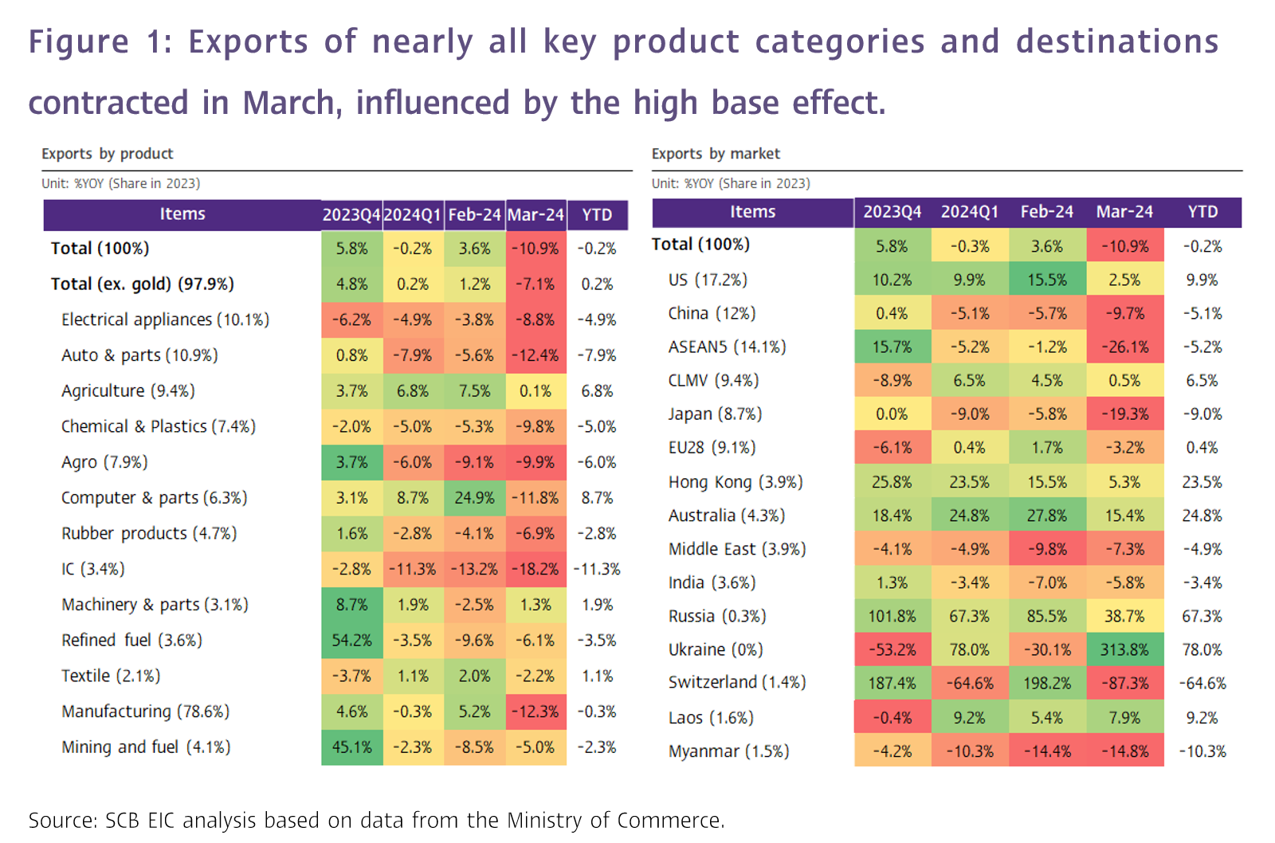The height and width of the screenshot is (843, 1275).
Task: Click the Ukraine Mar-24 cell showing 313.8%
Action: tap(1124, 649)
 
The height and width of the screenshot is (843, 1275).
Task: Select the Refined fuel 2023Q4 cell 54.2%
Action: tap(351, 640)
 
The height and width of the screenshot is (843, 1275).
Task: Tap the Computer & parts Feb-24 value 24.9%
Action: tap(474, 498)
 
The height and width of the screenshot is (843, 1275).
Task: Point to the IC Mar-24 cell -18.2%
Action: tap(535, 569)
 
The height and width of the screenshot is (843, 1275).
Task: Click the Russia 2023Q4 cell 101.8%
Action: tap(892, 616)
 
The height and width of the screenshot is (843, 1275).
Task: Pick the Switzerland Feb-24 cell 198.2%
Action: tap(1046, 683)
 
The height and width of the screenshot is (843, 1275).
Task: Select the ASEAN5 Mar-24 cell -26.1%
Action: tap(1124, 347)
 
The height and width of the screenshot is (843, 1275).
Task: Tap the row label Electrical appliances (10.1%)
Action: tap(165, 320)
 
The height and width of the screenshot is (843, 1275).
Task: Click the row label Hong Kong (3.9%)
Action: tap(735, 482)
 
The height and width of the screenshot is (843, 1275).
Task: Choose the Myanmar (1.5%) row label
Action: tap(728, 751)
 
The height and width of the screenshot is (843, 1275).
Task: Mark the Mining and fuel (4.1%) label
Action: tap(146, 747)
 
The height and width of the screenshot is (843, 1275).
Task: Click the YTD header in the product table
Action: tap(597, 214)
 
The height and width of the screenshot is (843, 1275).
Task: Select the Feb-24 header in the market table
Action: tap(1046, 212)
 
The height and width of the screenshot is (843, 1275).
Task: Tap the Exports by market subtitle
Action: tap(716, 154)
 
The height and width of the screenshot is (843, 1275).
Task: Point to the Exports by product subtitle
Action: tap(108, 154)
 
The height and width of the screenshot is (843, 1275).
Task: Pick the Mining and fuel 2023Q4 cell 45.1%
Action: tap(351, 747)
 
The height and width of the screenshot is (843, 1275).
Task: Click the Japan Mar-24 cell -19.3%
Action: tap(1124, 414)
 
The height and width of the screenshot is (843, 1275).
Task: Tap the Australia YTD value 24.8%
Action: tap(1202, 516)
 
